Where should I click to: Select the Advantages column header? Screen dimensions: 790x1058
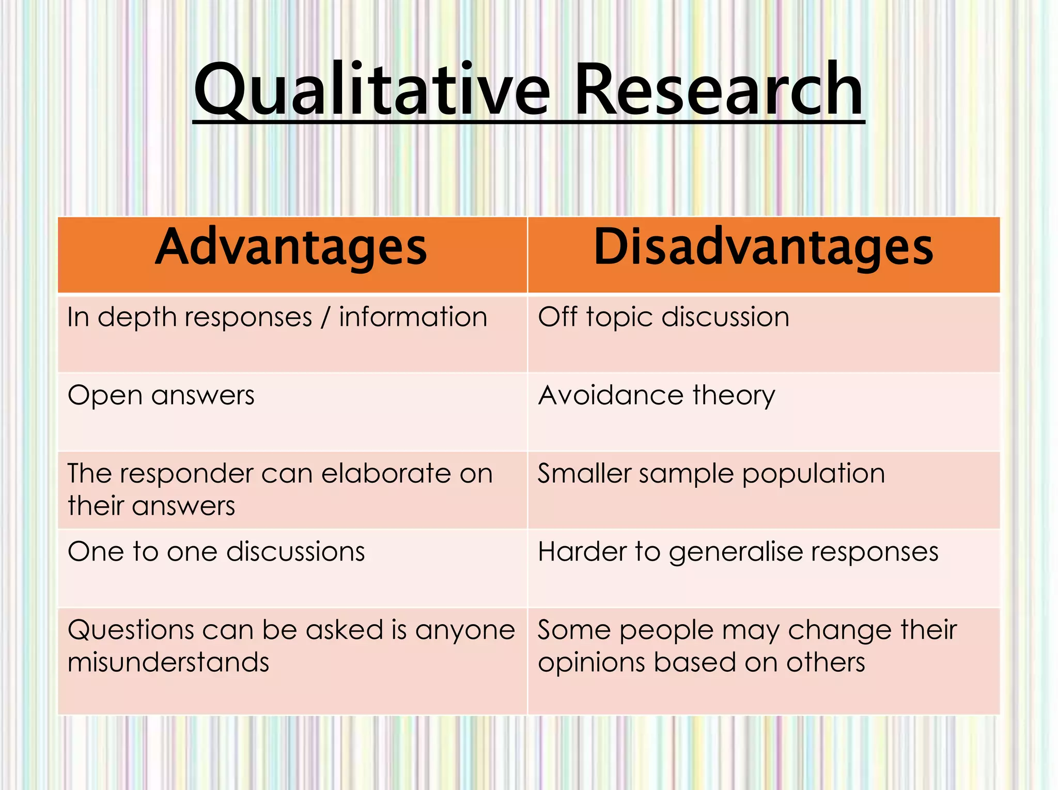point(292,249)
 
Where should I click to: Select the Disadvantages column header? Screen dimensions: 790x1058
point(764,249)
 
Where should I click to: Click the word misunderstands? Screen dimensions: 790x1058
point(168,662)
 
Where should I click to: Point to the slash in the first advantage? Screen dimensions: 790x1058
point(325,317)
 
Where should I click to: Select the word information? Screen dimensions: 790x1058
point(413,317)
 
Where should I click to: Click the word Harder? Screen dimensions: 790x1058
point(582,552)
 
